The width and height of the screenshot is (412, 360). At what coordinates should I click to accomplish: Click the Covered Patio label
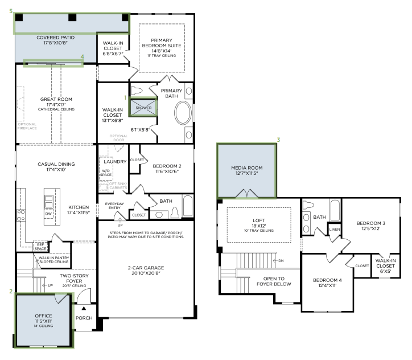click(x=55, y=38)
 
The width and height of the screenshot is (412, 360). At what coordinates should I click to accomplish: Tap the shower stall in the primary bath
click(x=143, y=108)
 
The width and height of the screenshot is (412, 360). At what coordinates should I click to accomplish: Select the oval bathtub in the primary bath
click(x=183, y=113)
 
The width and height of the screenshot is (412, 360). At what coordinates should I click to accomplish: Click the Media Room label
click(x=247, y=168)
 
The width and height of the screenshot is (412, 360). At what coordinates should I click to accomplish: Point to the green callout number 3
click(x=278, y=140)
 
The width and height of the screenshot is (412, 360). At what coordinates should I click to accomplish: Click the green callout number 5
click(x=11, y=11)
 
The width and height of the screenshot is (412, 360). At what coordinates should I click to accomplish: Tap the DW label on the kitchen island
click(x=48, y=214)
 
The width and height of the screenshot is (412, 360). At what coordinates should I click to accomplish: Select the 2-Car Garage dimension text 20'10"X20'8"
click(x=146, y=273)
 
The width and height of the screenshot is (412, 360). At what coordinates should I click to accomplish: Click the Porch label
click(x=84, y=318)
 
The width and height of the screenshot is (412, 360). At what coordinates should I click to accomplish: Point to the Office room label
click(x=43, y=316)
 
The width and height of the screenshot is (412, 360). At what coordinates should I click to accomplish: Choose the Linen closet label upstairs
click(x=335, y=230)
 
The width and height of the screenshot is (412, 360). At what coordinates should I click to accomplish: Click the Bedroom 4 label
click(x=327, y=280)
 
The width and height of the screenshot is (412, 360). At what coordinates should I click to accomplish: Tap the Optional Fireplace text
click(x=27, y=126)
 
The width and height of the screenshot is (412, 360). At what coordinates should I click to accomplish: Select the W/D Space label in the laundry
click(x=106, y=173)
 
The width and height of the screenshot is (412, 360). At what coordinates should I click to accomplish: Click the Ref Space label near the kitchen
click(x=40, y=247)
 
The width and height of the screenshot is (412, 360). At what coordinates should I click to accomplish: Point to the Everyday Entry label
click(x=114, y=206)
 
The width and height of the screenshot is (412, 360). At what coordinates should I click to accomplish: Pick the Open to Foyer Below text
click(x=274, y=281)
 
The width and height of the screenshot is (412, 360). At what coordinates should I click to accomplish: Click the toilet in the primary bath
click(x=137, y=91)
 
